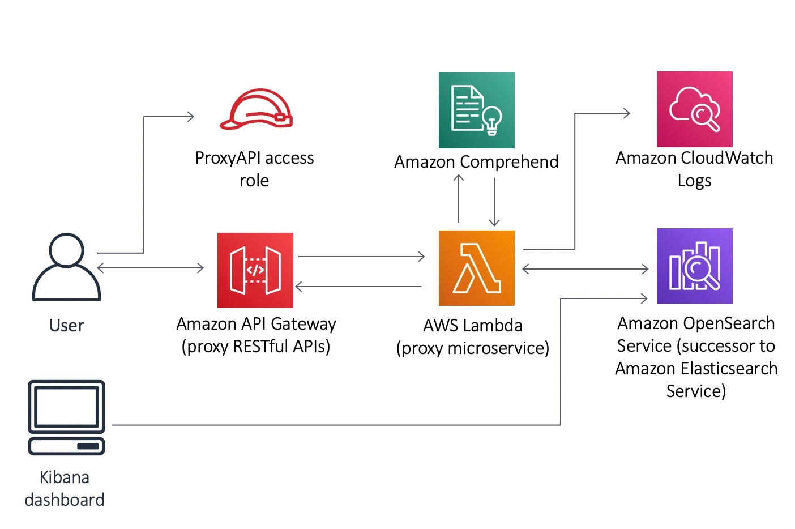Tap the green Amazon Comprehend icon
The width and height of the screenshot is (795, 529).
tap(476, 110)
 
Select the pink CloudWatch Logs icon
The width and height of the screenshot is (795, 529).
tap(694, 109)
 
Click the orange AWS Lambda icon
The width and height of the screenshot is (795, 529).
tap(476, 268)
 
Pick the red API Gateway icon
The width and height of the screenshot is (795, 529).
tap(255, 270)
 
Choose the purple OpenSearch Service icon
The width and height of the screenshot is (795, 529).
tap(694, 266)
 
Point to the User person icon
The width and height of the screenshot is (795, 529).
tap(66, 267)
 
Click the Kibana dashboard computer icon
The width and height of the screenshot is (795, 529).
tap(66, 417)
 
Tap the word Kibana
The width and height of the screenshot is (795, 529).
tap(64, 477)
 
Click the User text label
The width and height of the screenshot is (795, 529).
tap(66, 326)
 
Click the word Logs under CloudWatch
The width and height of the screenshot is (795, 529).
tap(694, 181)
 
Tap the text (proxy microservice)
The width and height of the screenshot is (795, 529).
tap(472, 348)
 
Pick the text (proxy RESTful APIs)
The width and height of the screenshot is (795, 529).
tap(255, 347)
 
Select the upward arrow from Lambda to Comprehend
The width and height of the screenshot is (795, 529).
tap(459, 198)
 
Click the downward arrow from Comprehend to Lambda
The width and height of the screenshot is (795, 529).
tap(494, 202)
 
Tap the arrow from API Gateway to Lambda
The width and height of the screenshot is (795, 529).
tap(361, 257)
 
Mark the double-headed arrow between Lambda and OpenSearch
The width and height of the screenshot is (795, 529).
tap(585, 269)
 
